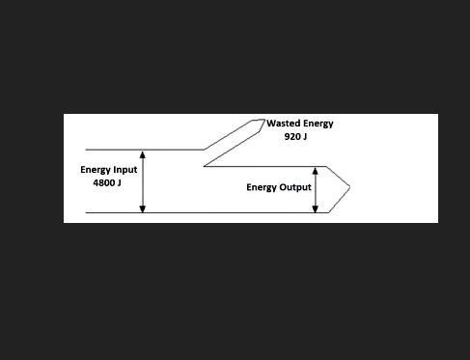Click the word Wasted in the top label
pos(284,125)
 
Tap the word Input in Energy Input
pos(124,170)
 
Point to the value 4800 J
pos(107,182)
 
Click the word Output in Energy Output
pos(293,187)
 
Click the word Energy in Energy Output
pos(262,187)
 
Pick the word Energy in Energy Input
pos(95,170)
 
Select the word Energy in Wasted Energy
pos(318,125)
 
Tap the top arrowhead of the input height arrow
pos(143,153)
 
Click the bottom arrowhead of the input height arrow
pos(143,208)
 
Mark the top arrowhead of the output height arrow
pos(316,170)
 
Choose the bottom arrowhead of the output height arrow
pos(316,208)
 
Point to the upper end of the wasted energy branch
pos(263,121)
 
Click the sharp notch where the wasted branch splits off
pos(204,166)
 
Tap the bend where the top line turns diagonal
pos(204,151)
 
